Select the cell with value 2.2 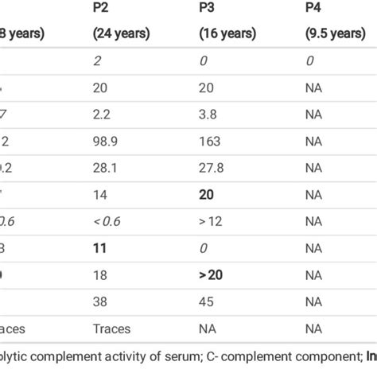coord(102,113)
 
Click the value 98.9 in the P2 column coord(106,140)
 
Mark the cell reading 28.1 coord(105,166)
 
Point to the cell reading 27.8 coord(210,166)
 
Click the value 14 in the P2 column coord(100,193)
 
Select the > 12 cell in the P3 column coord(210,220)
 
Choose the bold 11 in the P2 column coord(100,247)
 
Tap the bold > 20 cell coord(211,274)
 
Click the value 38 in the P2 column coord(100,301)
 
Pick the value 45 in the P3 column coord(206,301)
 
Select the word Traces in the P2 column coord(111,327)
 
